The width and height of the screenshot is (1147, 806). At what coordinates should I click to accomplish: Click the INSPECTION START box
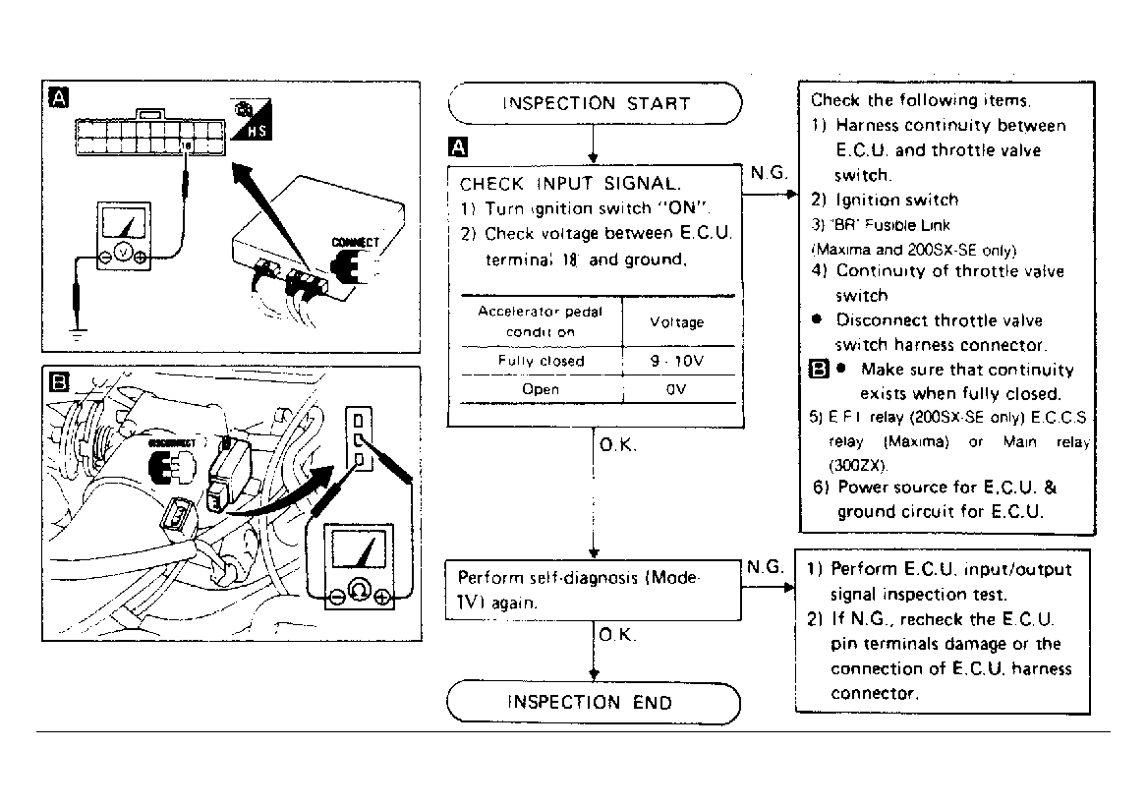(595, 103)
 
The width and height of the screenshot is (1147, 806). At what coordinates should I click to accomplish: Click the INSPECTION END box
(593, 702)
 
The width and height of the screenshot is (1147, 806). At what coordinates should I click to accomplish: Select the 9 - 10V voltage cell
(677, 361)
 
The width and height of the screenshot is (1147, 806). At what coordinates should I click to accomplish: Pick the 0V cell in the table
(677, 389)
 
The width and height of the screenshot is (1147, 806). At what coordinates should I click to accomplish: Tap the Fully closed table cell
(541, 361)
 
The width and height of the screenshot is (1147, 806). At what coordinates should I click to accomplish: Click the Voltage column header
(677, 321)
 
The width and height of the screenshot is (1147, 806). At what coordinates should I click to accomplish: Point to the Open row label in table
(541, 389)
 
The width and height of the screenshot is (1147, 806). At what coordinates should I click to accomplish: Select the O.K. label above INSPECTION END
(617, 636)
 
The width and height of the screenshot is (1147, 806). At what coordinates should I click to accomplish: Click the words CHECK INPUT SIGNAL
(570, 184)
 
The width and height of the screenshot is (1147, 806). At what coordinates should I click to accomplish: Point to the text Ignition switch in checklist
(896, 200)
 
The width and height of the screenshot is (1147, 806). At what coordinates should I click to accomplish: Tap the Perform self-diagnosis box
(593, 590)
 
